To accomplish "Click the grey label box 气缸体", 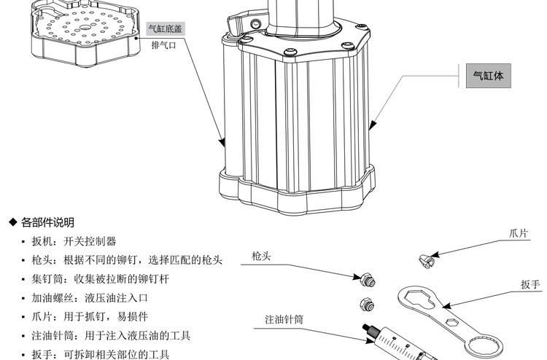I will tap(488, 76).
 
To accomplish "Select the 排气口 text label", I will tap(163, 45).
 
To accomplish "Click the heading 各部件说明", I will tap(47, 222).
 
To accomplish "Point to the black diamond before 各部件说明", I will tap(12, 222).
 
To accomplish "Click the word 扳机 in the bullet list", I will tap(40, 241).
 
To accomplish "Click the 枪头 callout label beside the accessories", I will tap(261, 257).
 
